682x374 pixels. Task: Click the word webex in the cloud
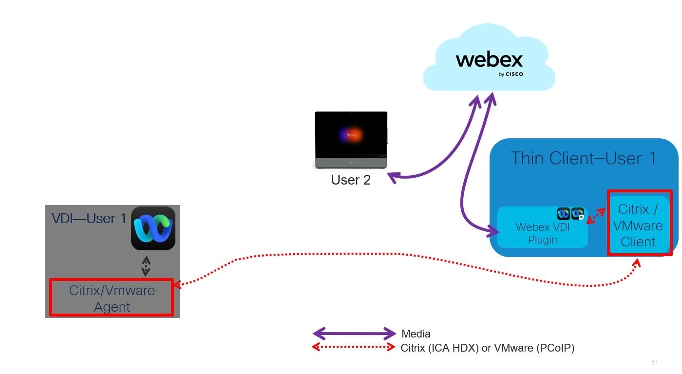click(489, 60)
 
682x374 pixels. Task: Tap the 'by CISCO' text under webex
click(510, 75)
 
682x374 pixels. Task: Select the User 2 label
click(351, 180)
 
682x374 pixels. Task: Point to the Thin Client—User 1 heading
click(583, 158)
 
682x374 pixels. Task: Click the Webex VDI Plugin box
click(542, 233)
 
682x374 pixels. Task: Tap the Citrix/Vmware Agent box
click(112, 298)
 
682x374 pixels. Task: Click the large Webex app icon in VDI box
click(153, 228)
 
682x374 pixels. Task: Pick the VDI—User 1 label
click(89, 218)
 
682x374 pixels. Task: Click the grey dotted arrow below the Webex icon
click(146, 266)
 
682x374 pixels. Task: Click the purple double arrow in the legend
click(354, 334)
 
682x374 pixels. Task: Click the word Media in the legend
click(416, 334)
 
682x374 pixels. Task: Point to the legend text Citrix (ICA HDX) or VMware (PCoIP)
click(487, 348)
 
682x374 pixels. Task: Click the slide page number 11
click(654, 363)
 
